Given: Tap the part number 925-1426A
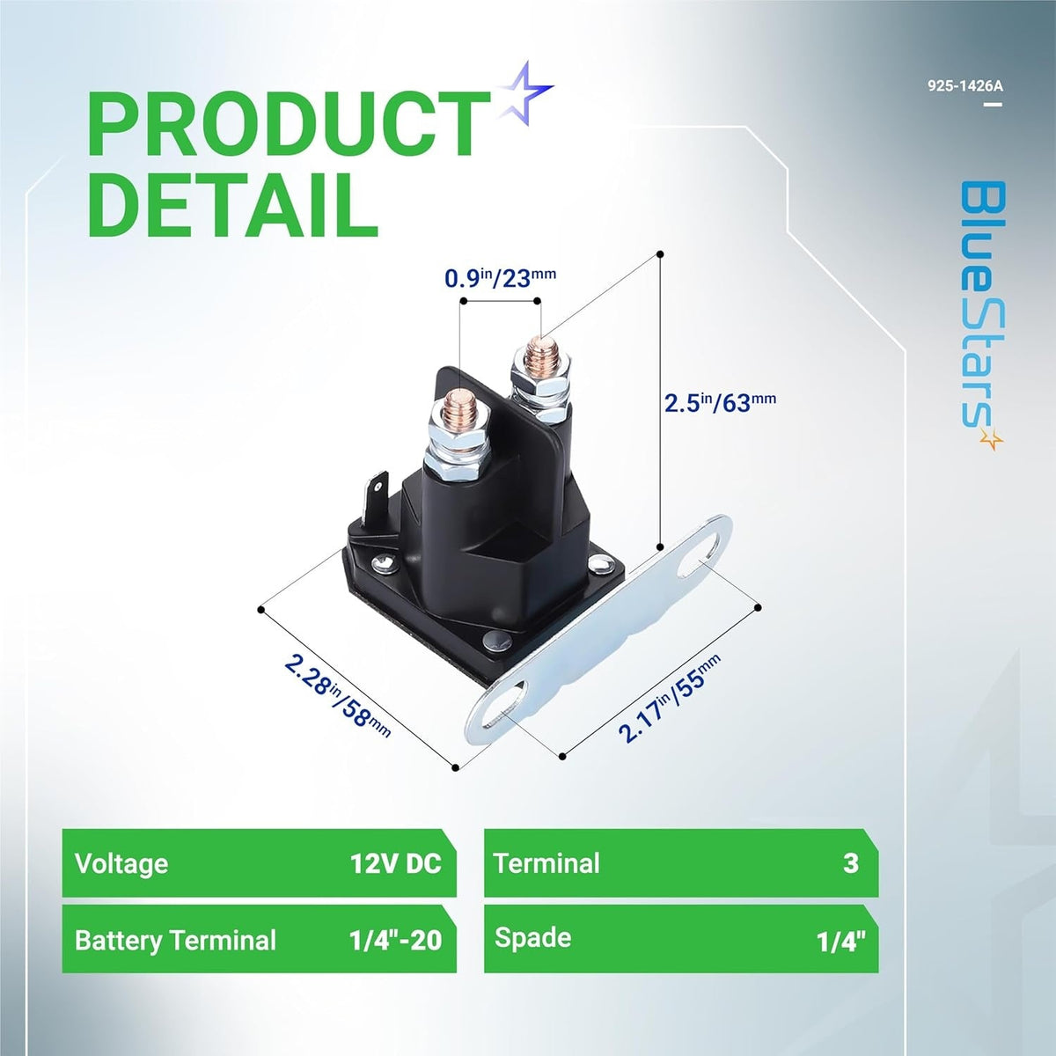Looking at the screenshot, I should tap(964, 86).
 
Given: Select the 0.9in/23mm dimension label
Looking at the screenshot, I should tap(500, 279).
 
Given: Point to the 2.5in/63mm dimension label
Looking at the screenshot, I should tap(720, 403).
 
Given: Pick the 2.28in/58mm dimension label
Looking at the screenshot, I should tap(337, 696).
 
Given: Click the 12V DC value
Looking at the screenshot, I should tap(395, 863).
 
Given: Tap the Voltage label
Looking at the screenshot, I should tap(121, 863).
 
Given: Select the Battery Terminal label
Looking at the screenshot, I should tap(175, 941).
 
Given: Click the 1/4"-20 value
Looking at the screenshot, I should tap(395, 941).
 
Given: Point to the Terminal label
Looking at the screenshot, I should tap(546, 863).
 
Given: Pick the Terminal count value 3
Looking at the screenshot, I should tap(850, 863).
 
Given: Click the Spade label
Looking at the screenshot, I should tap(532, 938).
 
